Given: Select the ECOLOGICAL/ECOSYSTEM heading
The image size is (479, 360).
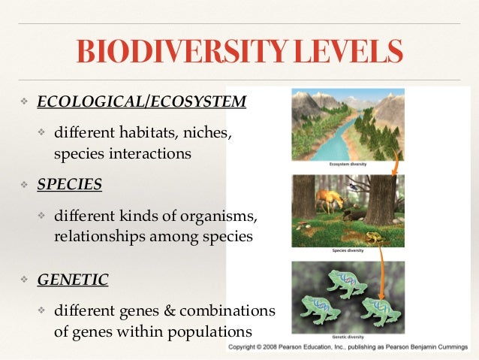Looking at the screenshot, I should tap(142, 101).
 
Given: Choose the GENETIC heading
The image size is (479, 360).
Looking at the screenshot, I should tap(73, 280).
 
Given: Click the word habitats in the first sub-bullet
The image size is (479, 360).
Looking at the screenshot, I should tap(144, 133).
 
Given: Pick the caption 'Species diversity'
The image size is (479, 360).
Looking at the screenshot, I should tap(348, 250).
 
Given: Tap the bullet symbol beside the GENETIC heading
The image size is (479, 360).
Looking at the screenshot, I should tap(23, 280).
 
